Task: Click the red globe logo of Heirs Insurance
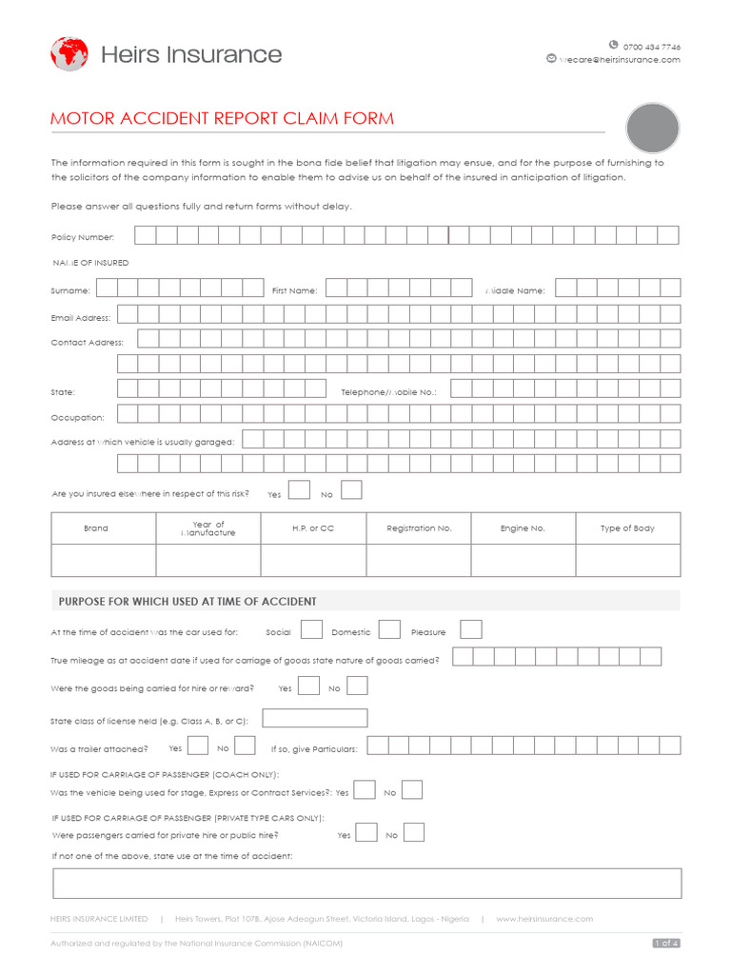69,54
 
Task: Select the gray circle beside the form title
653,129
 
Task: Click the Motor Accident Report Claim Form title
222,119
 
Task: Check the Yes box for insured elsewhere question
299,490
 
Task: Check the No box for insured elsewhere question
351,490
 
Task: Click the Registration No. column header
419,528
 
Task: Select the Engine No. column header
523,528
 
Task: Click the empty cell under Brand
104,561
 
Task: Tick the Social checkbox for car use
311,629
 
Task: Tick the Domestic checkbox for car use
389,629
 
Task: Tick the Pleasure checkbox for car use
471,629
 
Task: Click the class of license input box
315,719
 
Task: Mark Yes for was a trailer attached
199,746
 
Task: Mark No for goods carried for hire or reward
357,686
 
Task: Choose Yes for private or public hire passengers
366,833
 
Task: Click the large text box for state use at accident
367,884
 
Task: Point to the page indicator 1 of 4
665,943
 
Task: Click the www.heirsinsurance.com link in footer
543,919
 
